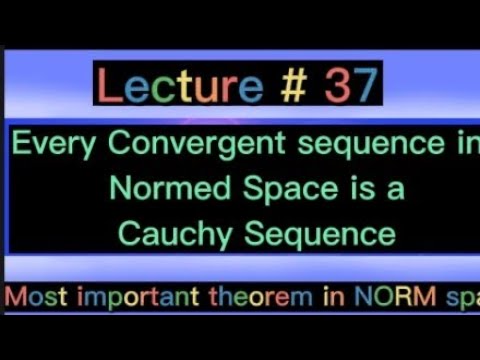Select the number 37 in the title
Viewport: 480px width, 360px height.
tap(349, 88)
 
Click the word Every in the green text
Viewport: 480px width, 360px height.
tap(54, 144)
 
